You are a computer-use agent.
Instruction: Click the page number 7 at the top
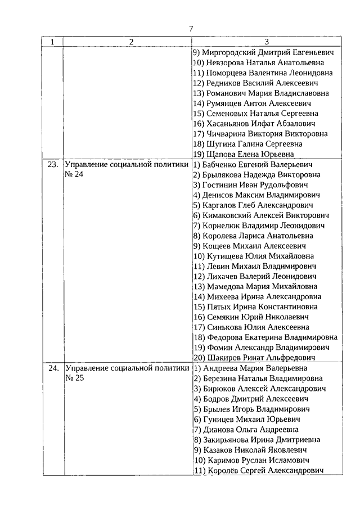[x=191, y=29]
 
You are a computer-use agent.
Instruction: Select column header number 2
[x=130, y=42]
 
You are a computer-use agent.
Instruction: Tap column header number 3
[x=267, y=42]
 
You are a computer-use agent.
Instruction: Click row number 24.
[x=52, y=368]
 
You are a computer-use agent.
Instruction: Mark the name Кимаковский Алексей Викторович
[x=265, y=215]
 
